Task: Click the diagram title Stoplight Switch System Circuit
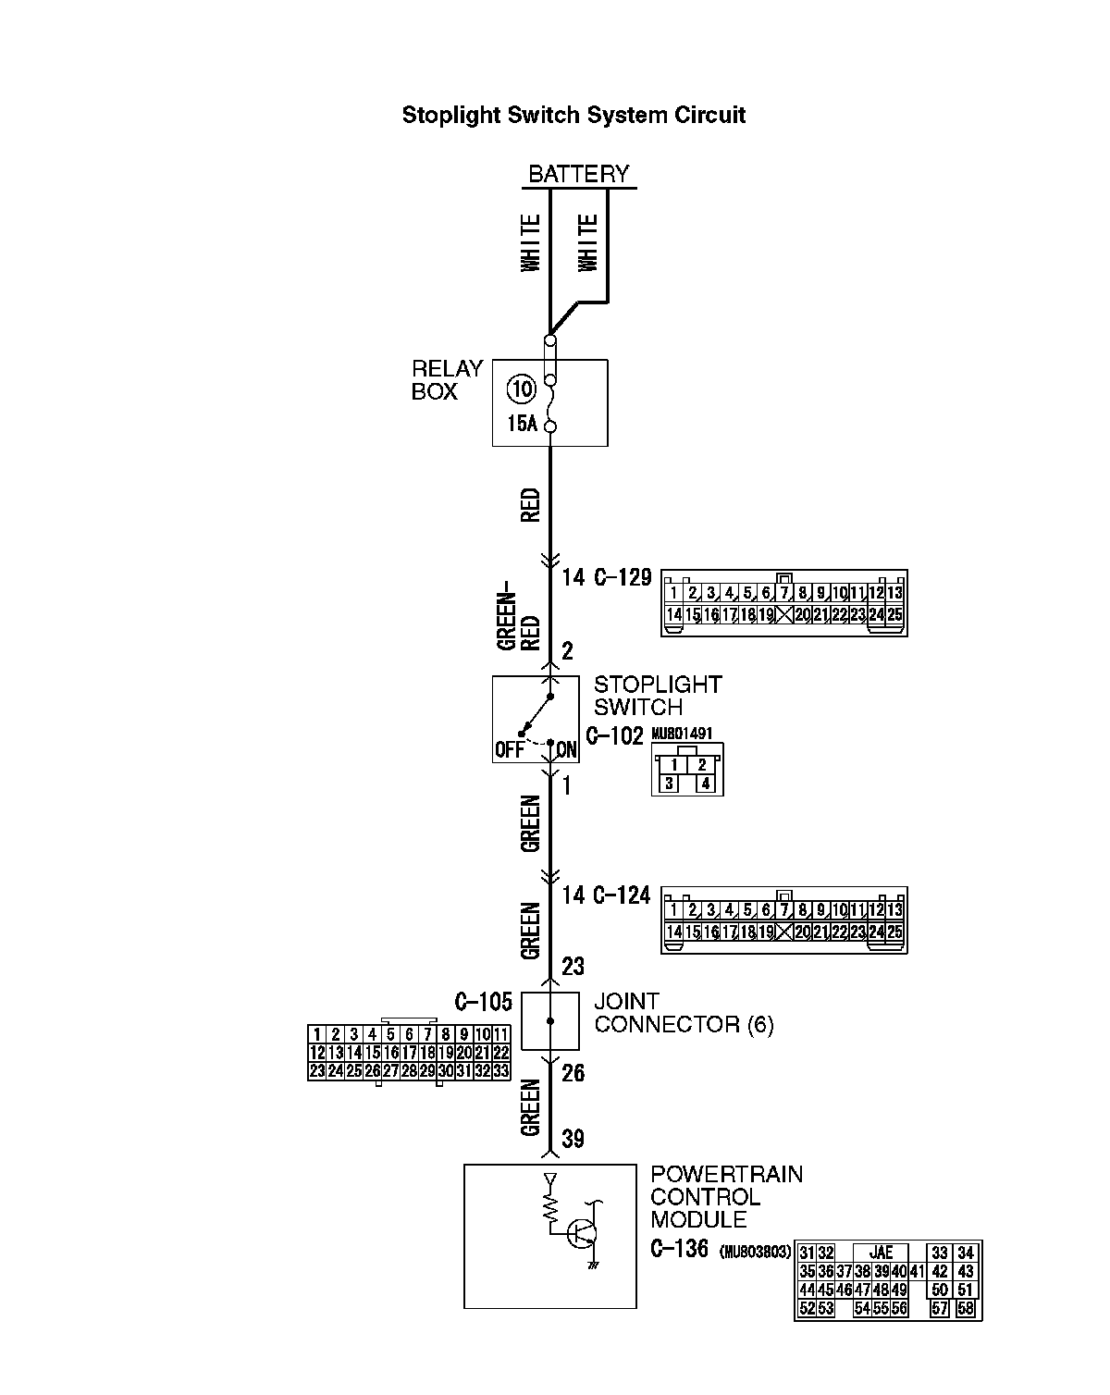pos(573,116)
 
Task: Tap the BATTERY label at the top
pos(578,174)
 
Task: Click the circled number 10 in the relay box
pos(522,389)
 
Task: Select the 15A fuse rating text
pos(522,424)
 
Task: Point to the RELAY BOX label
pos(448,380)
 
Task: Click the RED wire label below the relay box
pos(530,506)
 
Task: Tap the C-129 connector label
pos(623,578)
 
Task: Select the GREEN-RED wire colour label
pos(519,621)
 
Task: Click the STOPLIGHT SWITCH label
pos(658,696)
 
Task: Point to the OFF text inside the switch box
pos(509,750)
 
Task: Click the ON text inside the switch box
pos(566,750)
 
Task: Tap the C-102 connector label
pos(615,737)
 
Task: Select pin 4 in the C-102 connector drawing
pos(706,784)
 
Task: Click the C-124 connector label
pos(623,895)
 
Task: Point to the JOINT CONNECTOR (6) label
pos(684,1013)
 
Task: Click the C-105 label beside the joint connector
pos(483,1002)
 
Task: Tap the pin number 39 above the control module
pos(573,1139)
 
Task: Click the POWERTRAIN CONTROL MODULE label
pos(726,1197)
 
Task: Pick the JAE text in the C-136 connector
pos(882,1253)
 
